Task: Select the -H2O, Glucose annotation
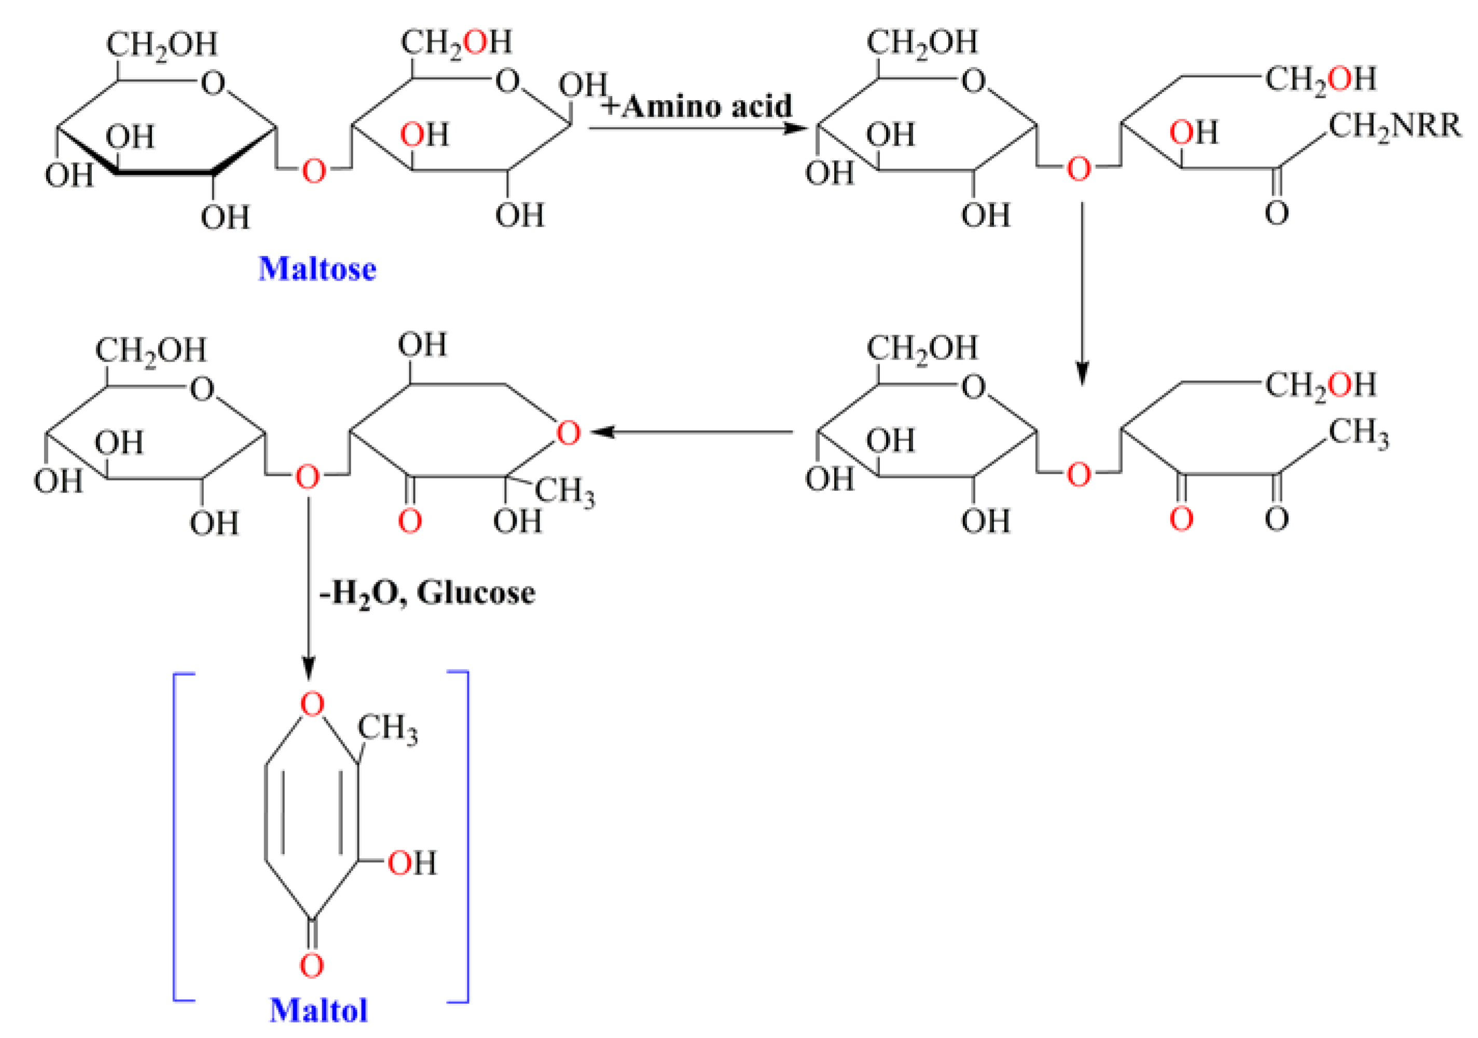tap(427, 592)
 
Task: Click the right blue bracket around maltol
tap(464, 837)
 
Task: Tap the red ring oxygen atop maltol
tap(312, 704)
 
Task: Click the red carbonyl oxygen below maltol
tap(312, 965)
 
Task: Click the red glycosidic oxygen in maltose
tap(314, 171)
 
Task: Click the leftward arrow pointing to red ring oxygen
tap(692, 432)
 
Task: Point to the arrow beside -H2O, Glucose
tap(309, 586)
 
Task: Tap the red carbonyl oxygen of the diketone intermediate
tap(1181, 519)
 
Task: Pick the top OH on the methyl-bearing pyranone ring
tap(422, 345)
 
